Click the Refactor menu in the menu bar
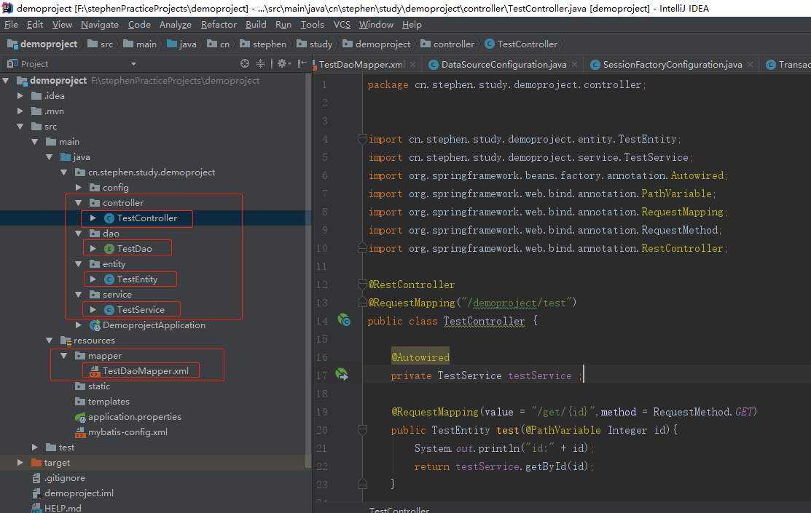point(219,25)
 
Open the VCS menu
point(342,25)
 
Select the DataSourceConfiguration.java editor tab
point(503,65)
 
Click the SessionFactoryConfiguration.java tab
point(672,65)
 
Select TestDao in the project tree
point(134,249)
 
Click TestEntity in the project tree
point(137,279)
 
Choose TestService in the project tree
point(141,310)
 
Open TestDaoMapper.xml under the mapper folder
point(145,371)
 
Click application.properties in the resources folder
point(134,417)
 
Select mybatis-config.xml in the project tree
point(128,432)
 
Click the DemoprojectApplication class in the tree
point(154,325)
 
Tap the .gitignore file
point(64,478)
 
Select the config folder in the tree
point(115,188)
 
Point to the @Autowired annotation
point(420,357)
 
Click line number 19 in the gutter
point(322,412)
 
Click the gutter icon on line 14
point(344,320)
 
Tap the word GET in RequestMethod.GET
point(744,412)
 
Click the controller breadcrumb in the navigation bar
point(453,44)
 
